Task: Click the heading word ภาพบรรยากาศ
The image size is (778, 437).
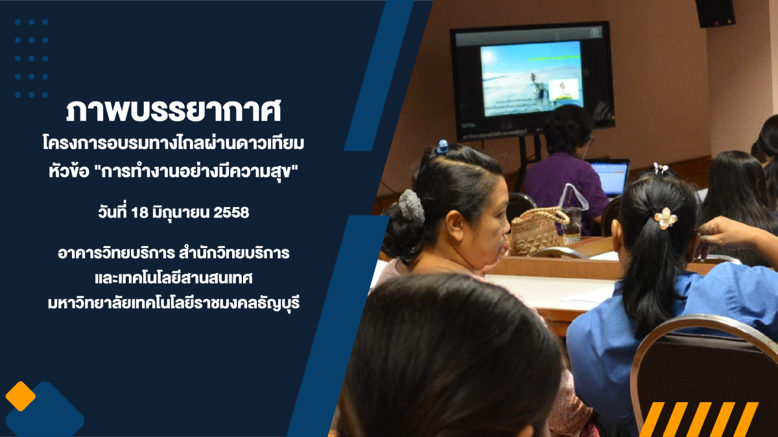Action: (x=173, y=111)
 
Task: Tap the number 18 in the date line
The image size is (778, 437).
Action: (x=139, y=212)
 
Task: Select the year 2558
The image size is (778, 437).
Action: (x=231, y=212)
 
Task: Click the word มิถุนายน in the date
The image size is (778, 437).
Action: (x=181, y=213)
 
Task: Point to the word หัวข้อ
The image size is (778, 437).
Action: (x=69, y=172)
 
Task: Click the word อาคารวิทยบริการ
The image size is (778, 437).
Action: (x=116, y=253)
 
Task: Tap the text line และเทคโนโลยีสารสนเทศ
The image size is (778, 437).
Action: (x=173, y=278)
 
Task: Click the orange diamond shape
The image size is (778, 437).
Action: (x=21, y=396)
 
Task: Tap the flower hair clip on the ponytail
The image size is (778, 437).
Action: (x=665, y=219)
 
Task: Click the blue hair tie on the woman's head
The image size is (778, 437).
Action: (x=443, y=147)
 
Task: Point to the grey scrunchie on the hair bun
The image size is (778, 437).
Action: (x=411, y=207)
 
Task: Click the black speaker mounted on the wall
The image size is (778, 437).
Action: (x=716, y=13)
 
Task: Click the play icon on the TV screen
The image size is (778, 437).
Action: (x=595, y=32)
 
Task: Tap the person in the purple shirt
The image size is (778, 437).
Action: (x=565, y=170)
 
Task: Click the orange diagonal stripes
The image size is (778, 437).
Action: (x=699, y=419)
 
